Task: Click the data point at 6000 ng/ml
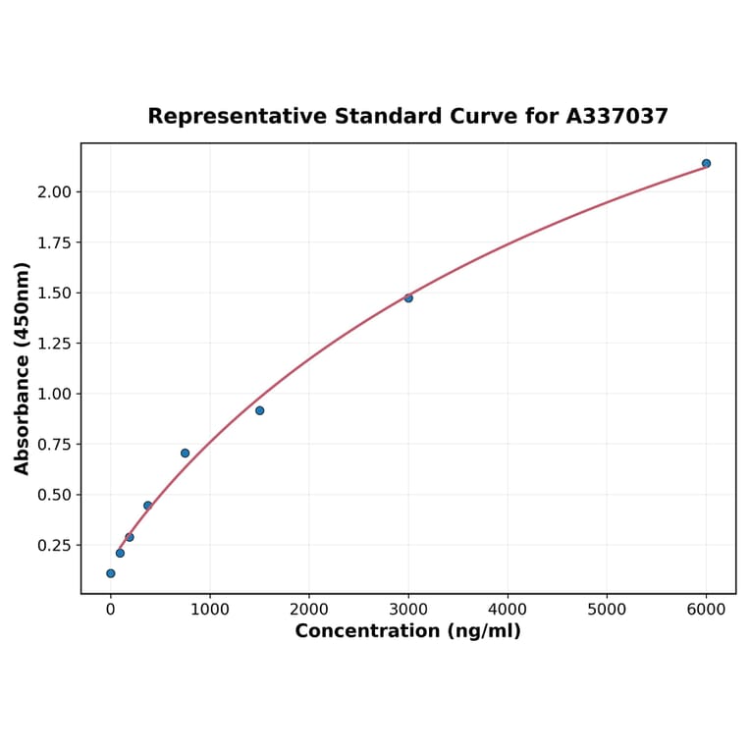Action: coord(706,163)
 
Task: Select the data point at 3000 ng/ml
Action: coord(408,297)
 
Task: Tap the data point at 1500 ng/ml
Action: coord(259,410)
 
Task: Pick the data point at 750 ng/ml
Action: coord(185,453)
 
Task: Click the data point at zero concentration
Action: coord(110,573)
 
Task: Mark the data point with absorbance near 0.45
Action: coord(147,506)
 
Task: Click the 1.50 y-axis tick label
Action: coord(54,294)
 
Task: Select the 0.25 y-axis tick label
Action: coord(54,546)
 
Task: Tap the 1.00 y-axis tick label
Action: coord(54,395)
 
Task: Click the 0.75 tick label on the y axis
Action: coord(54,445)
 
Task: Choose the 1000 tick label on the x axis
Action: coord(209,610)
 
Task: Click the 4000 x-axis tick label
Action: coord(508,610)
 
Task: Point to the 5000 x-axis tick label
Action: coord(607,610)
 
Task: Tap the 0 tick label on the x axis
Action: coord(110,610)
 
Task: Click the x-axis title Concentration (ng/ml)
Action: coord(407,631)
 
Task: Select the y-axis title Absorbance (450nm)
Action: coord(23,368)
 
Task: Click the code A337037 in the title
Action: coord(616,117)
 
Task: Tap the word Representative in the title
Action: coord(238,117)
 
